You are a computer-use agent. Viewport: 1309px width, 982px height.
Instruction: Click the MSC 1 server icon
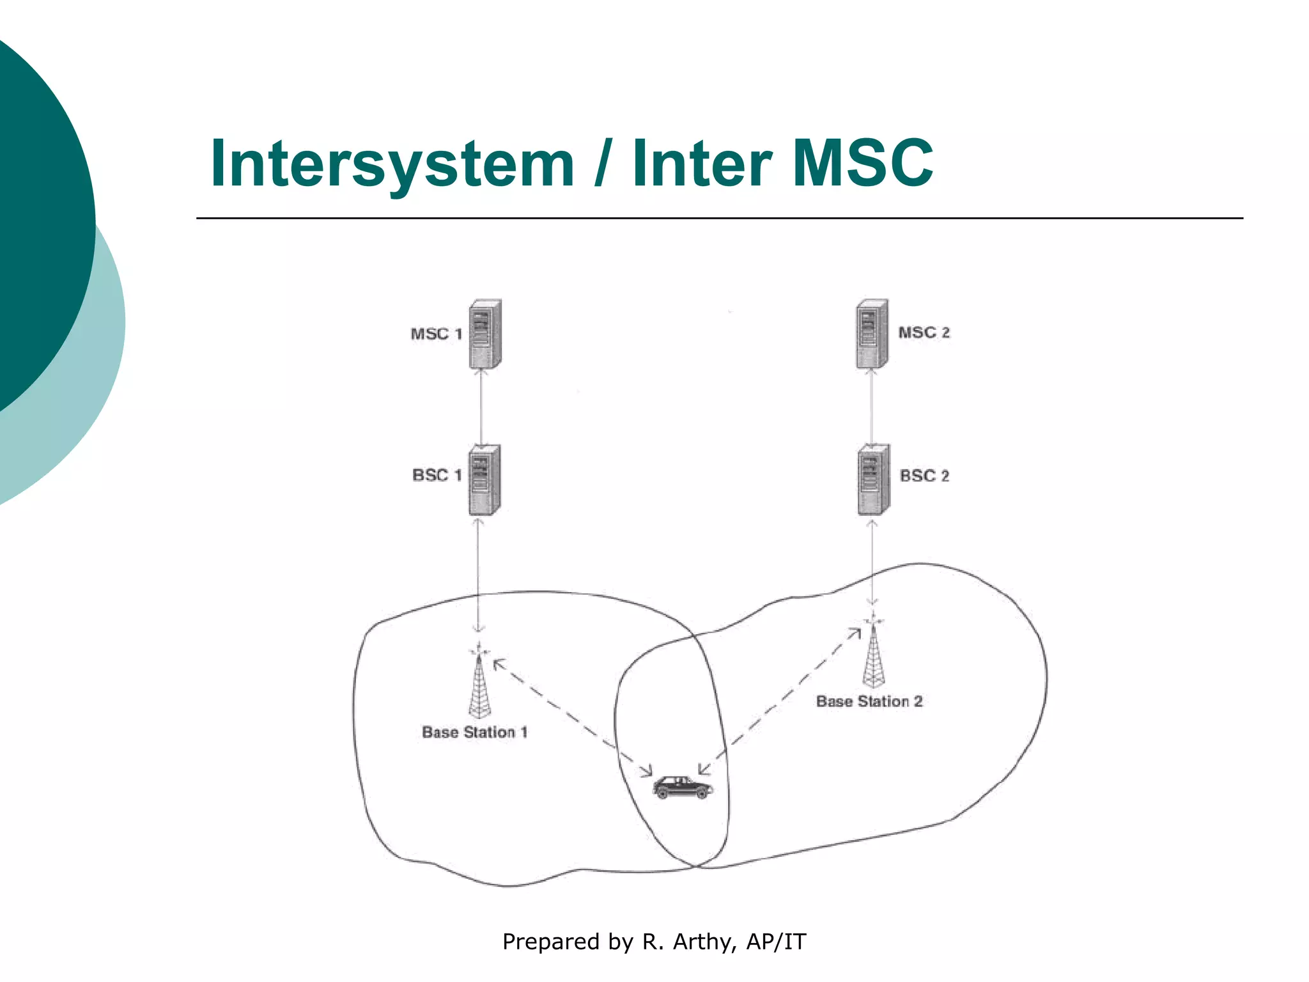tap(484, 334)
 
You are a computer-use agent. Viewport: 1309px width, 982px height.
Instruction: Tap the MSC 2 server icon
tap(872, 333)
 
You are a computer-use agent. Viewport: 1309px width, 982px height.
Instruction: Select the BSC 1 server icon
tap(484, 480)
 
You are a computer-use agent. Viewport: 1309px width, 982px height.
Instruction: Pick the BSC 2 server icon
tap(873, 479)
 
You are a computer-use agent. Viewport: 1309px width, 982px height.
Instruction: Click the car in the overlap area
tap(682, 787)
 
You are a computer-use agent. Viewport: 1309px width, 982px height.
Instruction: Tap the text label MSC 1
tap(436, 334)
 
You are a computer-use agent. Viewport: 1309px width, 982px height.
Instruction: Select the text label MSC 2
tap(924, 332)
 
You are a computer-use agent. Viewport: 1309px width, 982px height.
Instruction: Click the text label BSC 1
tap(437, 476)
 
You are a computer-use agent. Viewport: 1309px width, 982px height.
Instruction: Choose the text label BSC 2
tap(924, 476)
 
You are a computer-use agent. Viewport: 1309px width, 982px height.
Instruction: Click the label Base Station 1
tap(474, 733)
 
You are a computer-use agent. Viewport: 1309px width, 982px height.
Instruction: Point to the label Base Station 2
tap(869, 701)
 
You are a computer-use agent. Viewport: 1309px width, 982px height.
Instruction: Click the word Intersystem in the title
tap(392, 164)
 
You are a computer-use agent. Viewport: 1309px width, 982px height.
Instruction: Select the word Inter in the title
tap(702, 164)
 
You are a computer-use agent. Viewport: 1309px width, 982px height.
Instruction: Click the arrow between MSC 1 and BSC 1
tap(481, 407)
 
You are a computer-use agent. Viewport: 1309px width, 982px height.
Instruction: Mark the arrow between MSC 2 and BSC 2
tap(872, 407)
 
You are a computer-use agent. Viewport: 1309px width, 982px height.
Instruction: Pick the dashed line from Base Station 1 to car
tap(572, 717)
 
